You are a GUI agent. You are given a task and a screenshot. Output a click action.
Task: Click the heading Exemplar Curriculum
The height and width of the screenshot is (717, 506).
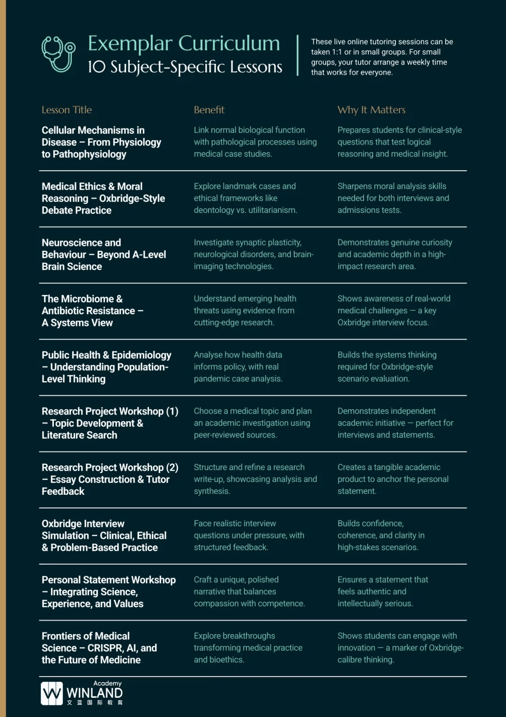coord(184,44)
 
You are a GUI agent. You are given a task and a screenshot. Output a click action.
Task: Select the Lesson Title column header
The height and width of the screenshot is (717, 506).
coord(67,110)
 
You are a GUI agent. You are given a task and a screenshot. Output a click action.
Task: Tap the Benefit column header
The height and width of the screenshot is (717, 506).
coord(209,110)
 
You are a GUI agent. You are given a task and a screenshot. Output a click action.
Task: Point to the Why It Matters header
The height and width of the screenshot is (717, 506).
coord(371,110)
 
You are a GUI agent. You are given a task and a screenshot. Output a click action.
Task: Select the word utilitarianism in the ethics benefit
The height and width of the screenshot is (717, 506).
coord(272,210)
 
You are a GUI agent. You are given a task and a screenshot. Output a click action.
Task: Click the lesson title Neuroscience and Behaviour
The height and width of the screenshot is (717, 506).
coord(81,249)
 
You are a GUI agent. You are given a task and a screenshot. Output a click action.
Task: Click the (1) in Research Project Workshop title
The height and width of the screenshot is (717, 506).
coord(172,411)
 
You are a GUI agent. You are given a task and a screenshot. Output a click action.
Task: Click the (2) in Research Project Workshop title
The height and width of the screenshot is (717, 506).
coord(172,468)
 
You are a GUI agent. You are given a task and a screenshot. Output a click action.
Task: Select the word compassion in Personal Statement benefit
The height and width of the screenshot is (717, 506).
coord(216,604)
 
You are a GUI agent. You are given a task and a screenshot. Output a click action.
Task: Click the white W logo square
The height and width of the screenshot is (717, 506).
coord(52,693)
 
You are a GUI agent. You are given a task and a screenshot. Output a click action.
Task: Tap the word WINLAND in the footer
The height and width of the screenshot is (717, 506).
coord(94,693)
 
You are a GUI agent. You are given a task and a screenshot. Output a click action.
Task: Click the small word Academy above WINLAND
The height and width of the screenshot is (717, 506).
coord(107,683)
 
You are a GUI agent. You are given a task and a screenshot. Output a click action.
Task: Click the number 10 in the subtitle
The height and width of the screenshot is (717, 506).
coord(97,67)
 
